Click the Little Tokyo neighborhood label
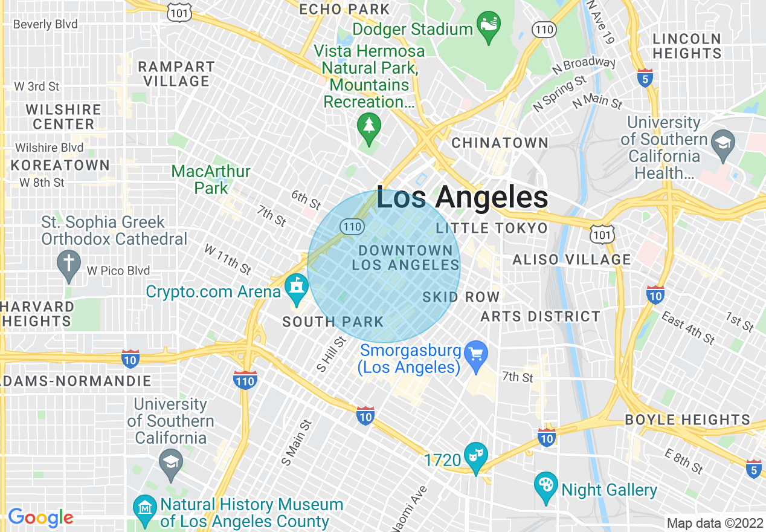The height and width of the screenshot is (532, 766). [491, 228]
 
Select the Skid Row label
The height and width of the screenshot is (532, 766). [461, 297]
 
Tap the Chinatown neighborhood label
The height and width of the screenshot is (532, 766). [500, 143]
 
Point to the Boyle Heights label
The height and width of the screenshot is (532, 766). [687, 420]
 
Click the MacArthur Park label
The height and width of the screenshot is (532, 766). [211, 180]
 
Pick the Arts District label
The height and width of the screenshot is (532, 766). [540, 316]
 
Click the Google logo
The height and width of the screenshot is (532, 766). [40, 517]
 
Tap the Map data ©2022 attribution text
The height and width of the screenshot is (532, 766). [715, 523]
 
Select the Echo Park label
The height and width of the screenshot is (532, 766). [344, 9]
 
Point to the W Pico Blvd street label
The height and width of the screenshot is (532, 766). [118, 270]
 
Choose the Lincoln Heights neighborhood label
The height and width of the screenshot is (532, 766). [687, 46]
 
